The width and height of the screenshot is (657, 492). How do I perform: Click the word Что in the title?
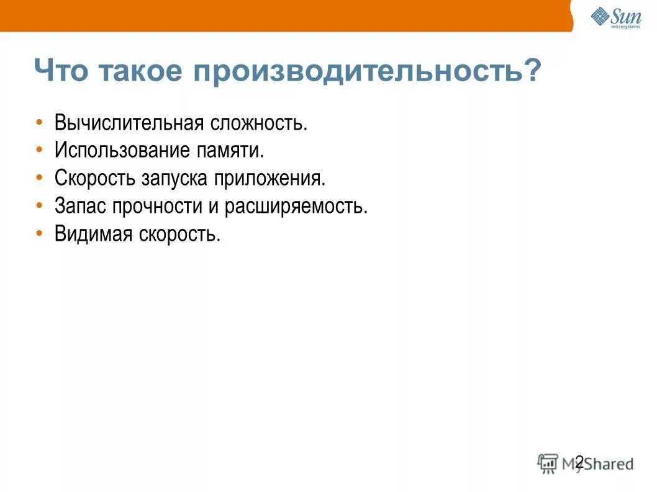[68, 71]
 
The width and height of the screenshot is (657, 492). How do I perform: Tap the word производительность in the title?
[357, 71]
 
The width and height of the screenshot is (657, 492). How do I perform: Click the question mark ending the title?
[531, 71]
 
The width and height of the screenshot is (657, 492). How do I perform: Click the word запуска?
[178, 178]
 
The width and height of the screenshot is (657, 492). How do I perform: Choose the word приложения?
[270, 178]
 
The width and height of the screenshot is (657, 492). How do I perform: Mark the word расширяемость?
[296, 206]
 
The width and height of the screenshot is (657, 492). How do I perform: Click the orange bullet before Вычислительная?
[40, 122]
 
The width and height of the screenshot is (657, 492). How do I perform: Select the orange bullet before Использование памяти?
[40, 150]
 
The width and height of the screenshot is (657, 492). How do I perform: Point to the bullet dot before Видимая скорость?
[40, 234]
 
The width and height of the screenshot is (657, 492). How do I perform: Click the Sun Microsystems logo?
[615, 17]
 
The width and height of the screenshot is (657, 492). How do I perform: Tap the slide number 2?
[579, 462]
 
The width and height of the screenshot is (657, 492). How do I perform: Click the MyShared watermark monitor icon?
[548, 463]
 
